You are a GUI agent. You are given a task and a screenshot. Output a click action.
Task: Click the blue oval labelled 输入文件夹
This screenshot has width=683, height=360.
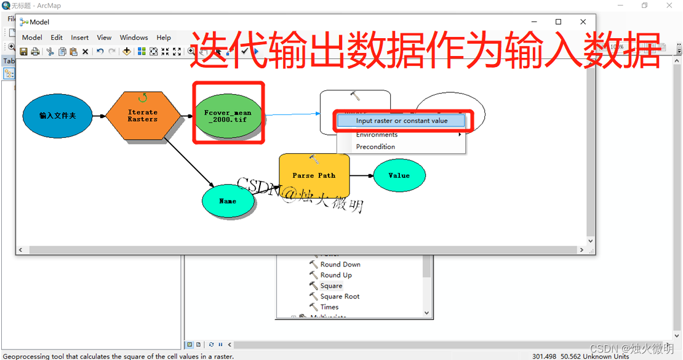click(x=58, y=116)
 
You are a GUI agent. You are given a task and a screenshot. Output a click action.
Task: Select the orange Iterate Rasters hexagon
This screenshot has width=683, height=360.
click(x=143, y=116)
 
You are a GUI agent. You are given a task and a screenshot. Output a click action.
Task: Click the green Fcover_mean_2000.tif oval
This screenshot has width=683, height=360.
click(x=228, y=116)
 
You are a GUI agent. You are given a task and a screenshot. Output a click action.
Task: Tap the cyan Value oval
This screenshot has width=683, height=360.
click(x=399, y=175)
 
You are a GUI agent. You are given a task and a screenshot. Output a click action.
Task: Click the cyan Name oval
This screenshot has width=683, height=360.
click(x=228, y=201)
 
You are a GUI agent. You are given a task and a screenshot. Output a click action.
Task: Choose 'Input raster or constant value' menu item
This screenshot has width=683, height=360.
click(x=402, y=121)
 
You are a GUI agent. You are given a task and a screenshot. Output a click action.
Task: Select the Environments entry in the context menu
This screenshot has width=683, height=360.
click(x=377, y=134)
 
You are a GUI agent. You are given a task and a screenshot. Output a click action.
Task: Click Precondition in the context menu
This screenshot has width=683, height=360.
click(x=375, y=146)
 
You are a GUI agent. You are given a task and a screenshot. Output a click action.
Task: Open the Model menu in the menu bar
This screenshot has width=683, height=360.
click(x=32, y=38)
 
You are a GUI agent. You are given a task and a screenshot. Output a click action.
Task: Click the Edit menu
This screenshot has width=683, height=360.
click(x=57, y=38)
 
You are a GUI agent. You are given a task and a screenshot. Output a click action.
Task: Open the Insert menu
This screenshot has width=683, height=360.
click(x=80, y=38)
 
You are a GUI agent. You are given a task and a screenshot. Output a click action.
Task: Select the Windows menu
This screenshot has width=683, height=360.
click(x=134, y=38)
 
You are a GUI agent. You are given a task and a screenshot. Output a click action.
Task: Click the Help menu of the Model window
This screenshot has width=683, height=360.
click(x=164, y=38)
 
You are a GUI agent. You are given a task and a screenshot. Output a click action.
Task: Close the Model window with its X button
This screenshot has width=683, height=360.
click(x=583, y=22)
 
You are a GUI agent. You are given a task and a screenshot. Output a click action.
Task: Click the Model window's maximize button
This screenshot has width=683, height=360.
click(x=558, y=22)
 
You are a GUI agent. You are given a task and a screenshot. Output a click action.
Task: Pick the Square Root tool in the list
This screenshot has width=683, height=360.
click(x=340, y=296)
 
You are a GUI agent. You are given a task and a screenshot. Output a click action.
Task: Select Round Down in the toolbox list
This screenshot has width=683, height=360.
click(x=340, y=265)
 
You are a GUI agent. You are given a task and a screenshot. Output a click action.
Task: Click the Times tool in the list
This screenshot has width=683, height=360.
click(x=329, y=307)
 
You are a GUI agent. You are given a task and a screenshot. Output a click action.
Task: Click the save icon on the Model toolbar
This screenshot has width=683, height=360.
click(x=24, y=52)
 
